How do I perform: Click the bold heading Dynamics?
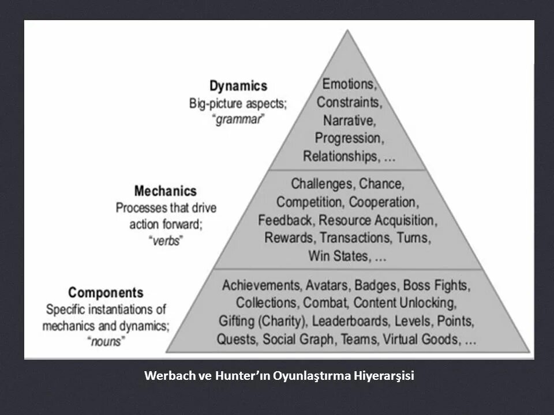238,86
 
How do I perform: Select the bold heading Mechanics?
165,191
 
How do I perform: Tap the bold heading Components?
106,292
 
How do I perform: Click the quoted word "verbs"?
166,241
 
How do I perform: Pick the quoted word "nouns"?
107,341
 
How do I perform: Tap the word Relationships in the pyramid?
338,156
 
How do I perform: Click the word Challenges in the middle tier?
321,184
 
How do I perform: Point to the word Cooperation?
383,202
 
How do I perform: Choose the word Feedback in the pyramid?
286,220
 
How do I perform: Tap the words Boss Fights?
436,285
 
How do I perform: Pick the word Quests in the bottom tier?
237,339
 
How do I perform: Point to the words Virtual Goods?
422,339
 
